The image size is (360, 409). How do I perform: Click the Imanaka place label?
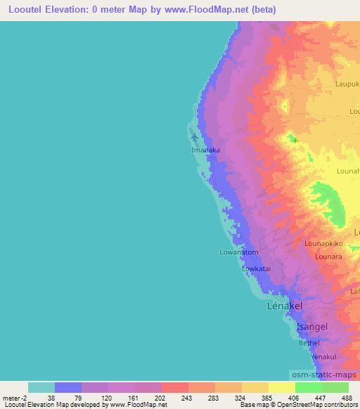tap(207, 150)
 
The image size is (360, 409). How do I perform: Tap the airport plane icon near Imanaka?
tap(195, 136)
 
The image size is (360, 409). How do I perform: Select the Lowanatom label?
tap(239, 252)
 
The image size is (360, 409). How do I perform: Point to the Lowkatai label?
tap(257, 268)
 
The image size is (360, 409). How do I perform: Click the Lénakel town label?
tap(285, 306)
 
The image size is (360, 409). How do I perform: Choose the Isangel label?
tap(311, 327)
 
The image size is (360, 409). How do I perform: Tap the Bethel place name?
tap(309, 343)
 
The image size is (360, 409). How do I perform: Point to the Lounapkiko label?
tap(323, 243)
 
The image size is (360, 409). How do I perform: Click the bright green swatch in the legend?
tap(308, 387)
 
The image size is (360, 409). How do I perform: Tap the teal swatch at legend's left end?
tap(41, 387)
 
